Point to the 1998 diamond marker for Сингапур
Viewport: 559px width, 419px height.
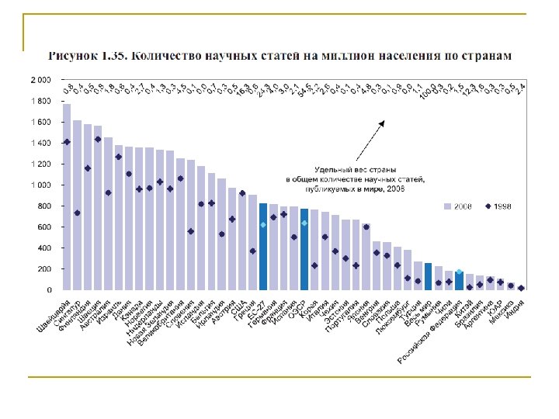click(77, 213)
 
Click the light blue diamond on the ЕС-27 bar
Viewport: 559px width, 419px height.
click(263, 224)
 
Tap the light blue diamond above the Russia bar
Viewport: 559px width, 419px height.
click(459, 272)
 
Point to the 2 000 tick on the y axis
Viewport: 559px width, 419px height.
click(41, 80)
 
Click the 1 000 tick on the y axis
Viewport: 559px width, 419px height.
click(41, 185)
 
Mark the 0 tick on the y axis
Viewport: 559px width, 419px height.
click(49, 290)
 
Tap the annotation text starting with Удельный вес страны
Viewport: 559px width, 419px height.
click(358, 178)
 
